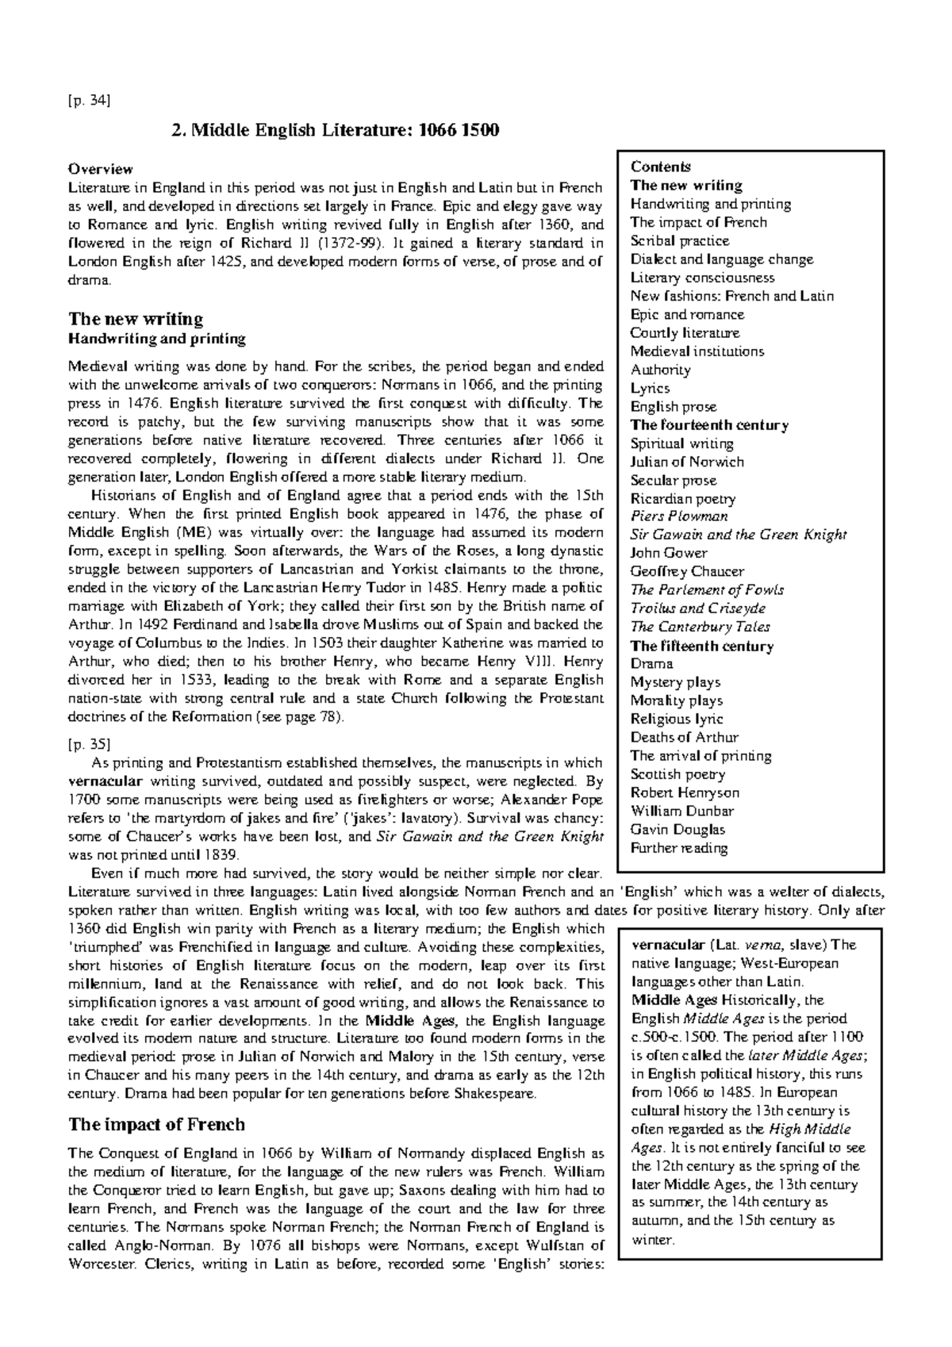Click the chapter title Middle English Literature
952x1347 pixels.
coord(336,130)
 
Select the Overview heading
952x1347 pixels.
coord(100,169)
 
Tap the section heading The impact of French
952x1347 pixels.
coord(156,1124)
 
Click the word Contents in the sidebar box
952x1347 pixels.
coord(660,167)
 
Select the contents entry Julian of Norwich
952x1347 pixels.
coord(687,462)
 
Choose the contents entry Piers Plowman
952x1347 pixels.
coord(678,516)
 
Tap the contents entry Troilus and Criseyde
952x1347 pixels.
coord(697,608)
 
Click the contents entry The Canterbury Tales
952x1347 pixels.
coord(700,627)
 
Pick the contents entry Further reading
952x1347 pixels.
coord(678,848)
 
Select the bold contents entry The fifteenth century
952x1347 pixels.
coord(701,646)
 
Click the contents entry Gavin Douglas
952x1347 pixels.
coord(678,830)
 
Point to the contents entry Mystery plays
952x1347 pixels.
coord(675,682)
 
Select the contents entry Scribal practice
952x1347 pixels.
coord(679,240)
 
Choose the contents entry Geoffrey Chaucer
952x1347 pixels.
coord(687,571)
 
